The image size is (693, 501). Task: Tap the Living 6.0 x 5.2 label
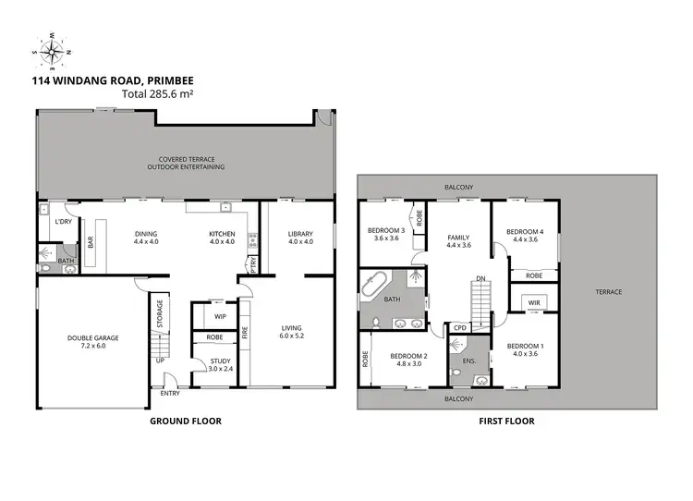click(296, 332)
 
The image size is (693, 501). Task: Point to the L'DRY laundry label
click(63, 223)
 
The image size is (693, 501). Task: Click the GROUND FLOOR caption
click(185, 422)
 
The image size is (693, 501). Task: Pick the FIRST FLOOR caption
click(506, 422)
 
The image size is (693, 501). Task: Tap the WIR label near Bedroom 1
click(534, 302)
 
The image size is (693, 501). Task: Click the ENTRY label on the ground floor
click(170, 394)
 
